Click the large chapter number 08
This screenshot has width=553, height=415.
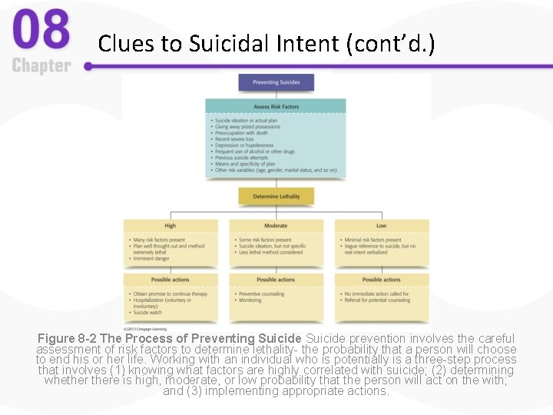point(41,30)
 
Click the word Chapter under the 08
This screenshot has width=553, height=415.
point(41,66)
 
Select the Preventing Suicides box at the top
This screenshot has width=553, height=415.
point(276,82)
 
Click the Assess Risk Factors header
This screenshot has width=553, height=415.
point(276,107)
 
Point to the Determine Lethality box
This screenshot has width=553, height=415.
point(276,196)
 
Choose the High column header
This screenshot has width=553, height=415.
point(170,226)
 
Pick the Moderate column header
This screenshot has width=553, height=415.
point(276,226)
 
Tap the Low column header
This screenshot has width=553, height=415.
point(381,226)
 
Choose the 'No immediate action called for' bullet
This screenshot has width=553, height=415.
point(376,294)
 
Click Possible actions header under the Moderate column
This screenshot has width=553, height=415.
point(276,280)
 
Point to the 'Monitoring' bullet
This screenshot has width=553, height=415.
point(250,300)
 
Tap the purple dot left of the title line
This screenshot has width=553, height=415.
point(88,66)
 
